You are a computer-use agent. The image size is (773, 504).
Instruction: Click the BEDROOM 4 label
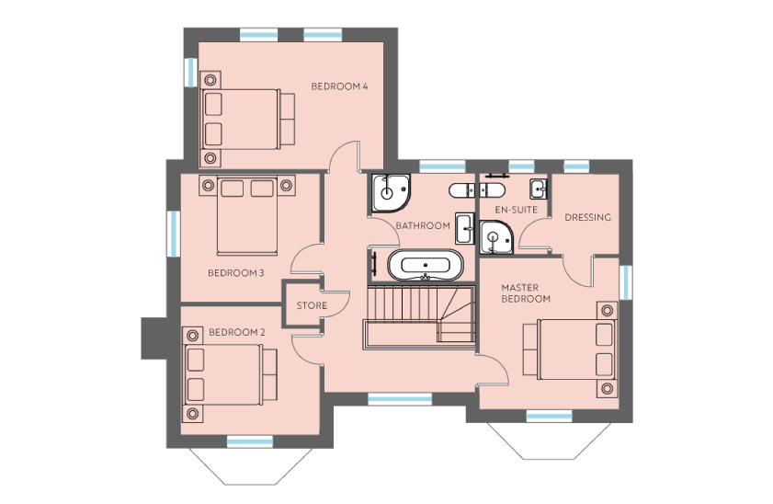point(339,86)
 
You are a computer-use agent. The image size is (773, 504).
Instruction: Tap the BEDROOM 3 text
point(235,273)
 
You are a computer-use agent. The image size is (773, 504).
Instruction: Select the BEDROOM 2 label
point(236,332)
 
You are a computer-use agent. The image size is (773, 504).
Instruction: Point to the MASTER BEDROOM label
point(526,293)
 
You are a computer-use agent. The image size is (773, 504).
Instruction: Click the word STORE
point(312,305)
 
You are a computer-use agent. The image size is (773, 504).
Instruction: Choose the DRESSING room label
point(587,217)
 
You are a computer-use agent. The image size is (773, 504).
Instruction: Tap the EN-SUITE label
point(517,210)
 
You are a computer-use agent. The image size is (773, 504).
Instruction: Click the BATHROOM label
point(423,226)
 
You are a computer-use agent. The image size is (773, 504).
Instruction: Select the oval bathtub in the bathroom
point(426,265)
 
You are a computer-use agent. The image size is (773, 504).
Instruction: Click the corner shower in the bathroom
point(390,193)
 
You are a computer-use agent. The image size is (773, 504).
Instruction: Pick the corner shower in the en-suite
point(495,237)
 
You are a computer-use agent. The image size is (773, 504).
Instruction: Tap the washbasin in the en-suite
point(538,189)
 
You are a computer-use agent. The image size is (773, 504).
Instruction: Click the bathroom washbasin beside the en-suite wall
point(464,228)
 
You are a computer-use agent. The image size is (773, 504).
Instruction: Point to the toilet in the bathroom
point(461,190)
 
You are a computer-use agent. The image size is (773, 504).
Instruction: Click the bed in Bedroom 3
point(247,215)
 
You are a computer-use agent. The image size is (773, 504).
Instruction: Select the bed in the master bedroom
point(571,349)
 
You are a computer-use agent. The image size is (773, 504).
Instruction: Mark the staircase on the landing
point(420,317)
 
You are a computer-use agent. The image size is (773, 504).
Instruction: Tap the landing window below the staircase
point(400,398)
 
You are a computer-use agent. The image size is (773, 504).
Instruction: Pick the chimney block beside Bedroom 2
point(153,338)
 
